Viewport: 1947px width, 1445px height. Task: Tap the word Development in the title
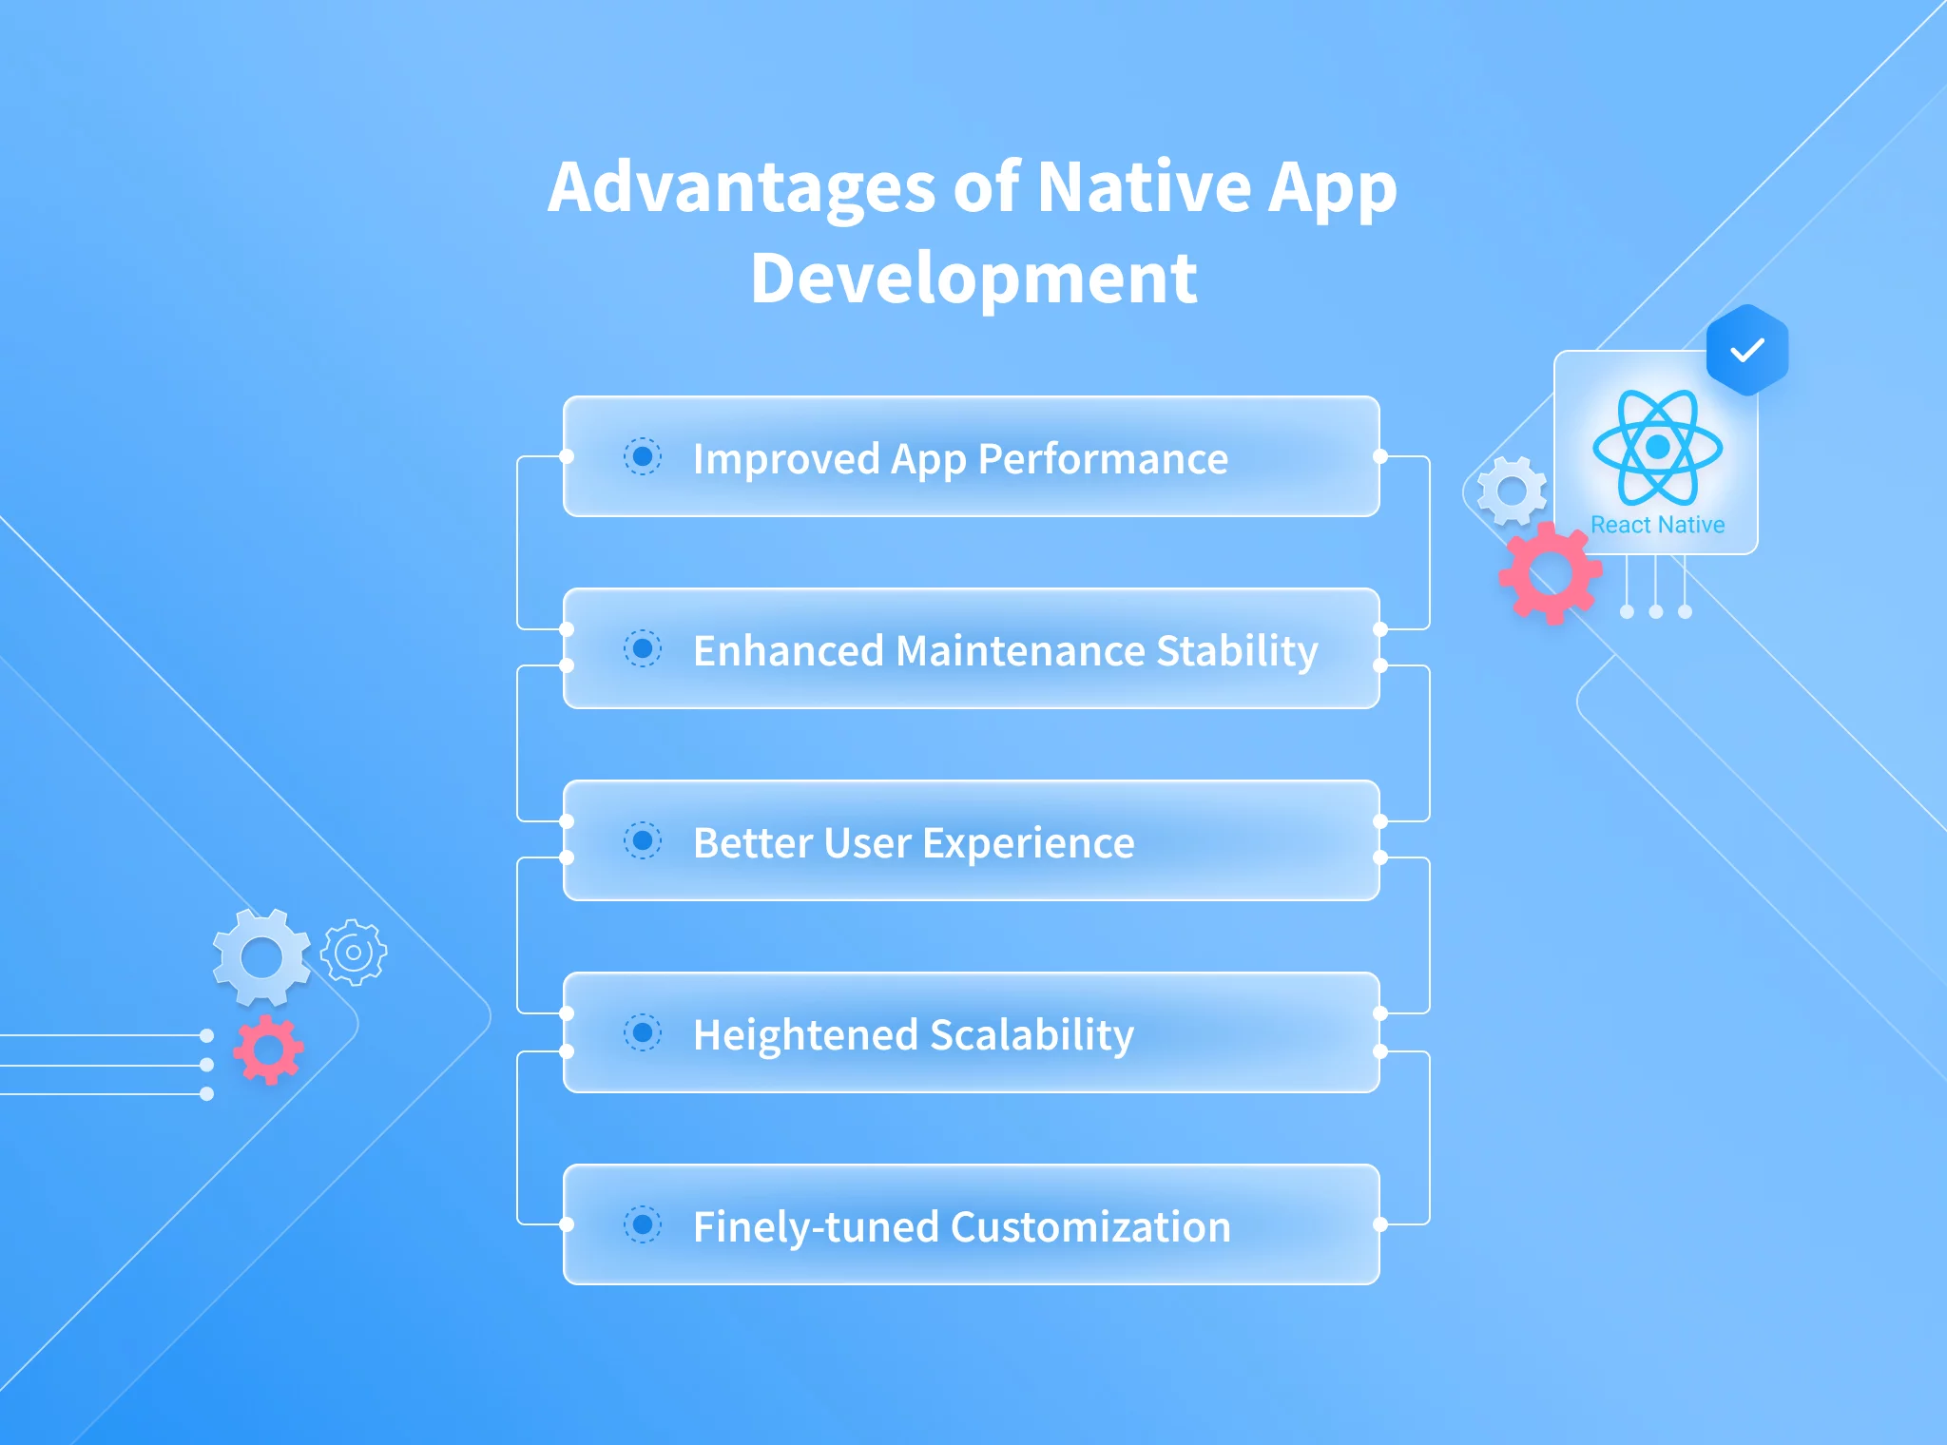[973, 279]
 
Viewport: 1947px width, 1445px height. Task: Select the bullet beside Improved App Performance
[643, 456]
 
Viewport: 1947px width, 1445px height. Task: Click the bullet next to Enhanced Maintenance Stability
[643, 648]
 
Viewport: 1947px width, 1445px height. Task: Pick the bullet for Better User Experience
[643, 840]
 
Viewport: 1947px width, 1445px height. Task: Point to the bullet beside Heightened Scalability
[643, 1032]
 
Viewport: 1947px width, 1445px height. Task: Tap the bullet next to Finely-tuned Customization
[643, 1224]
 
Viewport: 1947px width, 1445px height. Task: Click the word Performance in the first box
[1103, 459]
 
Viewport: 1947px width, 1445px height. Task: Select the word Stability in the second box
[1237, 651]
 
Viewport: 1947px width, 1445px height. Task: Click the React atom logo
[1657, 446]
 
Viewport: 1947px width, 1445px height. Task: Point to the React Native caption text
[1657, 525]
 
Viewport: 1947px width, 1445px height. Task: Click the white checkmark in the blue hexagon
[1747, 351]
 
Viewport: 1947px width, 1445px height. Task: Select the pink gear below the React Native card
[1551, 572]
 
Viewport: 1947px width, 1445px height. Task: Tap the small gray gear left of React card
[1512, 491]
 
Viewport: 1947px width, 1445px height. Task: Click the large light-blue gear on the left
[261, 957]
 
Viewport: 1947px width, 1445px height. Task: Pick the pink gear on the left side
[268, 1050]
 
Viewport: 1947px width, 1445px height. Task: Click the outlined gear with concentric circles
[354, 952]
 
